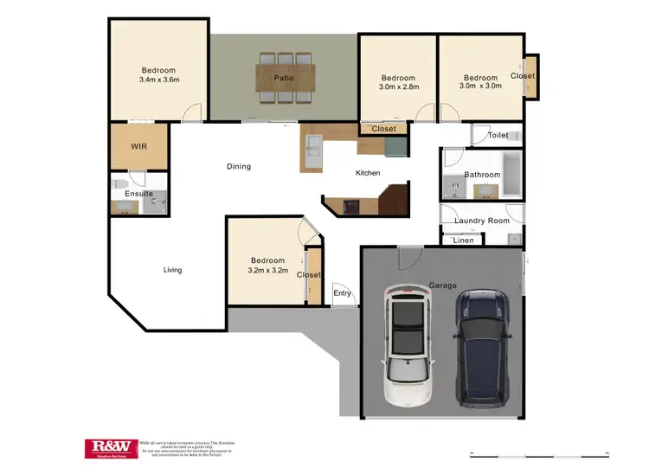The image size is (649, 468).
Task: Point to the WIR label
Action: [138, 147]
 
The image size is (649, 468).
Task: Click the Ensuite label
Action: [139, 194]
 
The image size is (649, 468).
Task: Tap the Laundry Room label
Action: [482, 221]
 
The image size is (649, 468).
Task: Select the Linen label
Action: [464, 240]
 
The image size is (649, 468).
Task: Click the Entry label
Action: [343, 293]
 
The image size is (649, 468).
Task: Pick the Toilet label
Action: [498, 136]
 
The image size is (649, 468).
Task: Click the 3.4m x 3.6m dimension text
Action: [158, 80]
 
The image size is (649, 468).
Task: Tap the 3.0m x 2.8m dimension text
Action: [398, 87]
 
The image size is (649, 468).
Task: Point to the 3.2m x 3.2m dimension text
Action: [267, 270]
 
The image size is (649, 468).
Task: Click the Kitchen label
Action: [368, 173]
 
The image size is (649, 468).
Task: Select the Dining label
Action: [239, 166]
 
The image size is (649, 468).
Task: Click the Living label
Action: [173, 270]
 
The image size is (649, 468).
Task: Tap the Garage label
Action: [442, 285]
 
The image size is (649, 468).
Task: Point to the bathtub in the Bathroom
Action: [511, 174]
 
